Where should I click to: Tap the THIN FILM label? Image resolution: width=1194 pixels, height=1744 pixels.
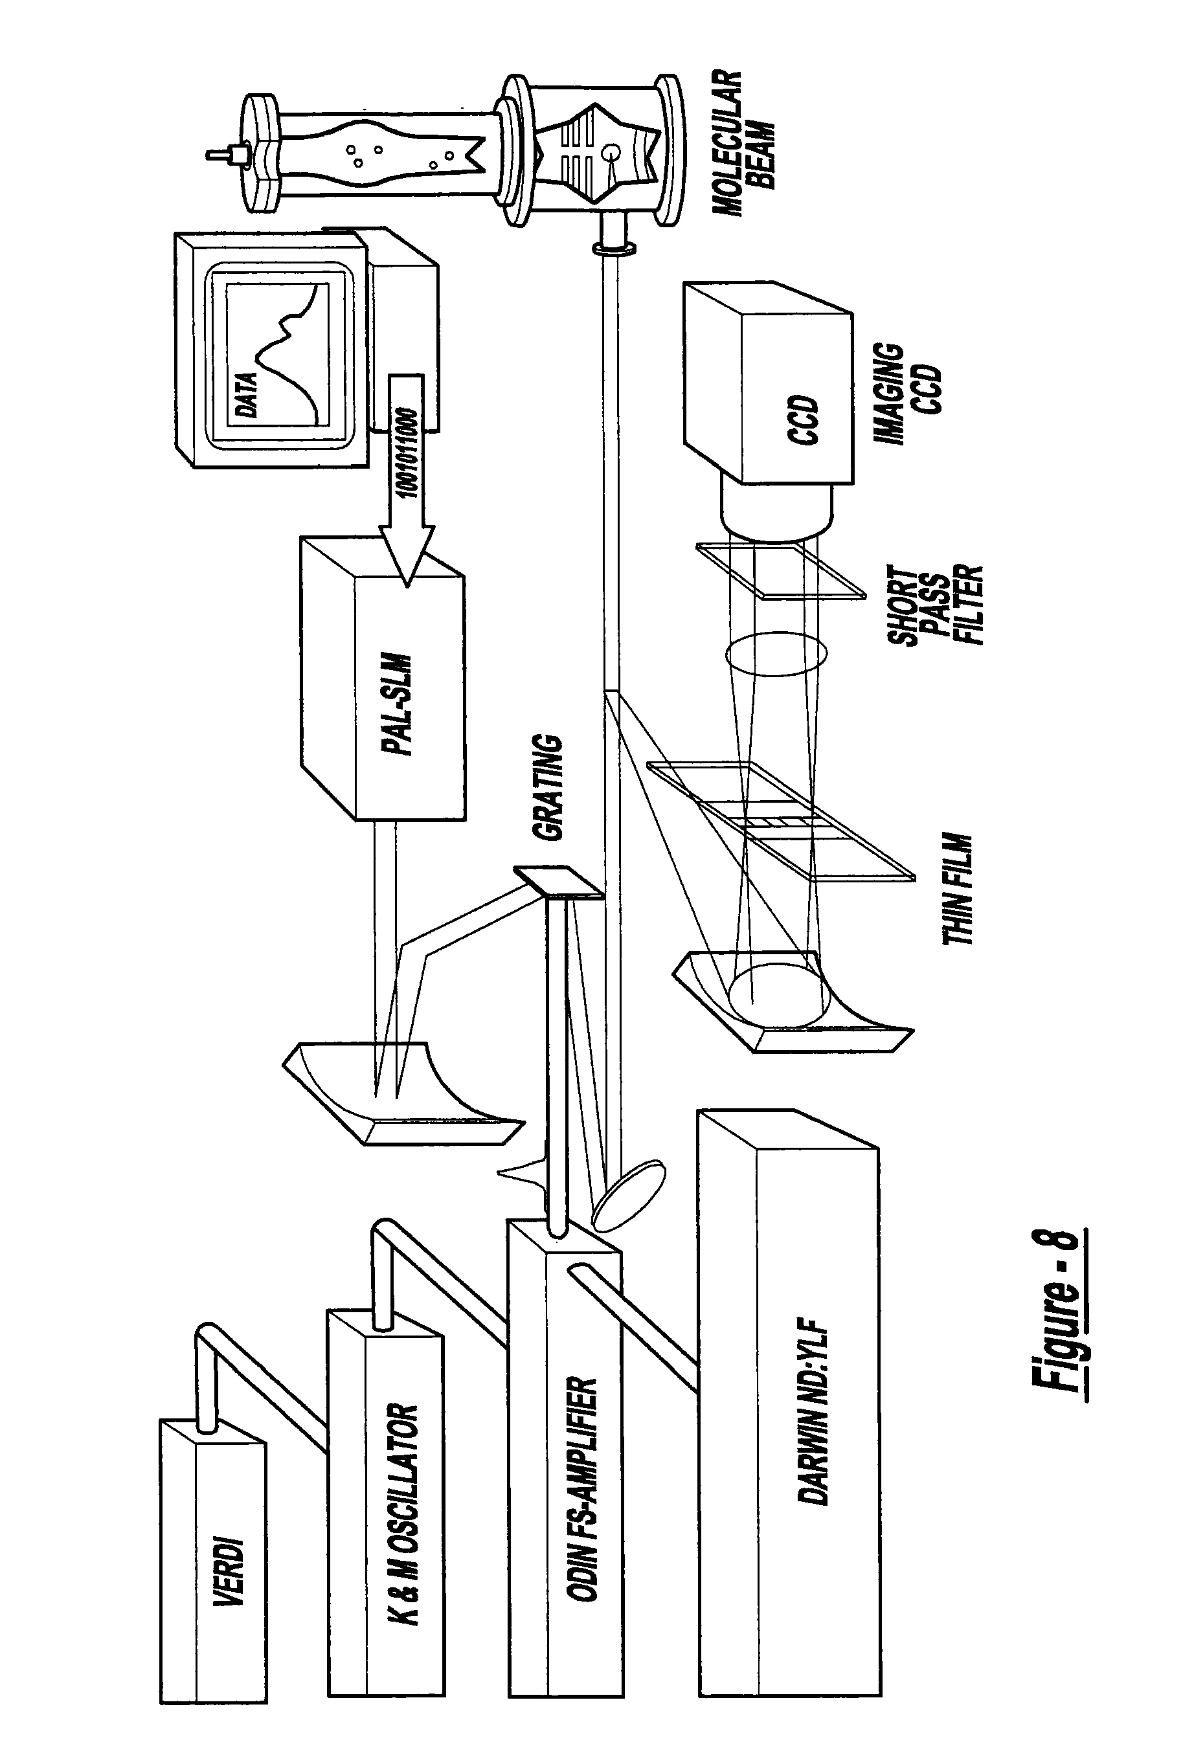[x=957, y=889]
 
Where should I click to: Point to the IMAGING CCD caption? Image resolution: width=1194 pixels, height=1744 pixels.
[x=907, y=395]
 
